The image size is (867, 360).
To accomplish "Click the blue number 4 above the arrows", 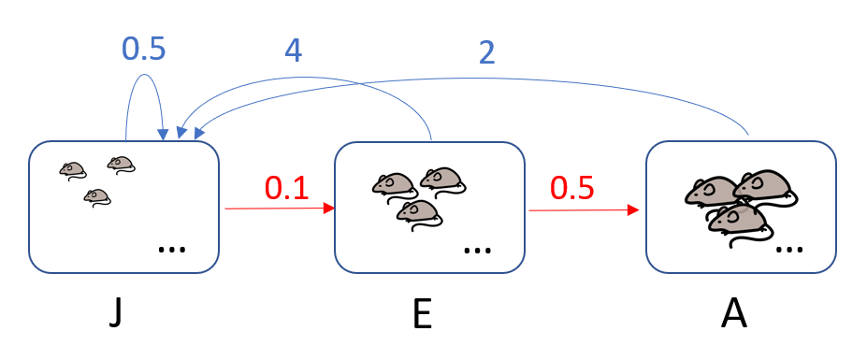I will [x=293, y=50].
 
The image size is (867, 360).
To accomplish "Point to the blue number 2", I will [x=486, y=52].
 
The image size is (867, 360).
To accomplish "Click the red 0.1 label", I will [x=286, y=188].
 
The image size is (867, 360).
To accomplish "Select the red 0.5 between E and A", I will [x=571, y=188].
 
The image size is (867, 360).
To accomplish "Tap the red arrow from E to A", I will [x=584, y=209].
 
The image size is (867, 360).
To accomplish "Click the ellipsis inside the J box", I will [x=171, y=249].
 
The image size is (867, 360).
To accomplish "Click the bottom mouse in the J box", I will [x=96, y=196].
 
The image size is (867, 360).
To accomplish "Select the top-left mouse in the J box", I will [x=73, y=169].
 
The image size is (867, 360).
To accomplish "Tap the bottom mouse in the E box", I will [x=418, y=213].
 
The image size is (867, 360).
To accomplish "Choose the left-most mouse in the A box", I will [x=711, y=193].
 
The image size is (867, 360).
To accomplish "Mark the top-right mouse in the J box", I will [x=121, y=165].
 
